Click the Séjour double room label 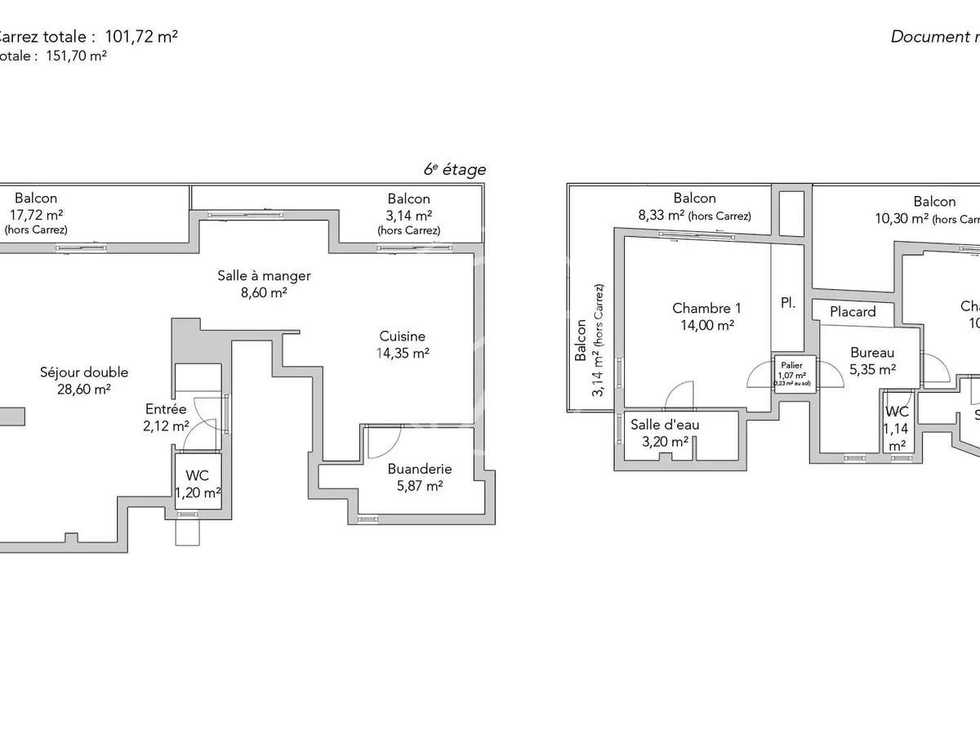84,372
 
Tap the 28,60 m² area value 84,390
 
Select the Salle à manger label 264,276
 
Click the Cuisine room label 402,336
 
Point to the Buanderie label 419,469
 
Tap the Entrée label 166,409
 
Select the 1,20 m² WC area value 198,492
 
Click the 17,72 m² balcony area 36,215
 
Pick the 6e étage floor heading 454,170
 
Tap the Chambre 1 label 706,308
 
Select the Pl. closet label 788,303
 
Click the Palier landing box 795,373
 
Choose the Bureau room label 872,353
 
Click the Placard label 853,311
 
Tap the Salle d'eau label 665,425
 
